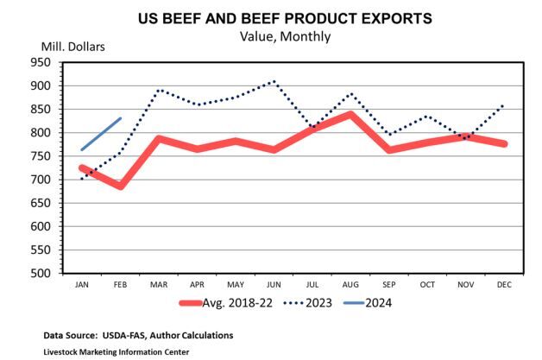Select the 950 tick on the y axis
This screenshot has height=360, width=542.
click(41, 62)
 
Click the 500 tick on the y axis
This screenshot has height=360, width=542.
click(41, 273)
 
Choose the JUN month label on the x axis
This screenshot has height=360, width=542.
click(274, 283)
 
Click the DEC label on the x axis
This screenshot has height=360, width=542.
click(504, 283)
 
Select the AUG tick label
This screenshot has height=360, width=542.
click(350, 283)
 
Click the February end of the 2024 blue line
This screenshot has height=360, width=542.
click(121, 118)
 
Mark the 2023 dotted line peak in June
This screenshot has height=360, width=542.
click(274, 81)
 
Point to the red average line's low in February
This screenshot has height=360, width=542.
click(121, 186)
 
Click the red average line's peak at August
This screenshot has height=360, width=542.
click(350, 114)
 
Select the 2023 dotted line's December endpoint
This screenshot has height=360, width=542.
click(504, 105)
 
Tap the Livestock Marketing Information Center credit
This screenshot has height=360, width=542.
click(116, 351)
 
